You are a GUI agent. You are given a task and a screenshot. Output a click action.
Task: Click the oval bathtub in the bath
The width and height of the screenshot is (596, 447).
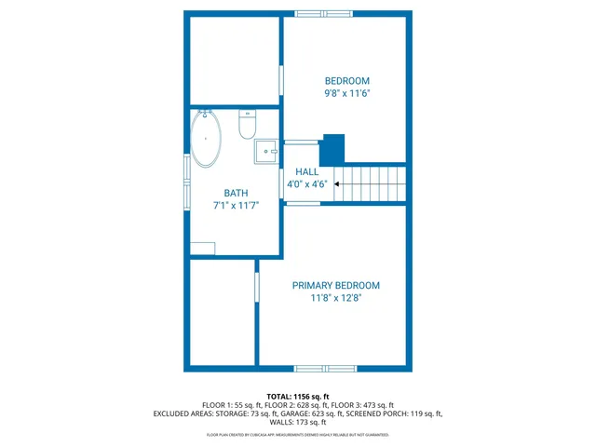tap(206, 139)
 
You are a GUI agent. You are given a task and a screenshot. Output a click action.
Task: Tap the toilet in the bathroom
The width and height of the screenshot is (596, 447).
tap(248, 125)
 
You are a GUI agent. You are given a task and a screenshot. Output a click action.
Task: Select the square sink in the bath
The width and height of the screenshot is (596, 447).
tap(267, 151)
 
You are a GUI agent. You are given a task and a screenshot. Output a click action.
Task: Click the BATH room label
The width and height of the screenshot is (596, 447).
tap(235, 193)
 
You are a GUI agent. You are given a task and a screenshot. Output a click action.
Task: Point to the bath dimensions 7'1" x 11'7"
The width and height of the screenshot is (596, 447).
tap(235, 205)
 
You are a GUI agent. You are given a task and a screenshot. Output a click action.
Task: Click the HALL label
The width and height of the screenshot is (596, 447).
tap(306, 172)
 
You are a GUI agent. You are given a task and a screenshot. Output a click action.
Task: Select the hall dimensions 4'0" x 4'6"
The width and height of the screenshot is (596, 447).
tap(306, 184)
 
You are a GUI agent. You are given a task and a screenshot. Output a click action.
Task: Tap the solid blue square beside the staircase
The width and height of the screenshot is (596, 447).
tap(332, 150)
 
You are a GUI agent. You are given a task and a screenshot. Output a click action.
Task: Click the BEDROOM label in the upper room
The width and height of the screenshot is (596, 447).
tap(346, 81)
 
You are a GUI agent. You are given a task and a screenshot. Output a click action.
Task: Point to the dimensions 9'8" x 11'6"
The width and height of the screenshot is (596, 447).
tap(346, 93)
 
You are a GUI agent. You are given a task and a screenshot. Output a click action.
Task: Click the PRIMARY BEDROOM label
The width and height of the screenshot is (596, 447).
tap(335, 286)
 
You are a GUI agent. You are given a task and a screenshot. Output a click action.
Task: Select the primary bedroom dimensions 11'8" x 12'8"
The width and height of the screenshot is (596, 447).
tap(335, 299)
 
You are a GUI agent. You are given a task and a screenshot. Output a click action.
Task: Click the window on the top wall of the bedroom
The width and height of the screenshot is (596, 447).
tap(323, 14)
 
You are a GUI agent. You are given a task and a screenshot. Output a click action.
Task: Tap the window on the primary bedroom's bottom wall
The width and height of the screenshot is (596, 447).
tap(325, 369)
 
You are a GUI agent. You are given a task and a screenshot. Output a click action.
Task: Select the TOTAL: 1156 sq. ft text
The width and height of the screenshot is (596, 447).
tap(298, 397)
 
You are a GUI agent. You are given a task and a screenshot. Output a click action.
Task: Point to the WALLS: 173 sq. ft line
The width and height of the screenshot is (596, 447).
tap(298, 423)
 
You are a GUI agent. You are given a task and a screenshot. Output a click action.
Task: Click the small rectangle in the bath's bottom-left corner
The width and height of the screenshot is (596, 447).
tap(203, 249)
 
